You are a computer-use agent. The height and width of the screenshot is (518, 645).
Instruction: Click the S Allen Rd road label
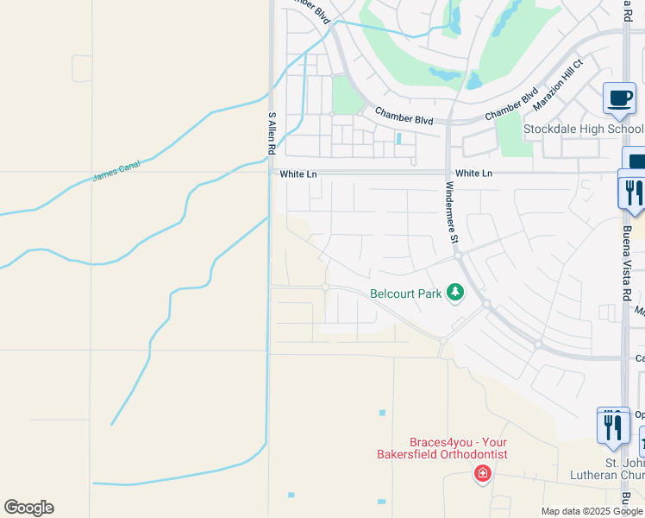click(x=272, y=133)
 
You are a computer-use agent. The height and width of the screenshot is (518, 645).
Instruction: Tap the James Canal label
click(x=116, y=170)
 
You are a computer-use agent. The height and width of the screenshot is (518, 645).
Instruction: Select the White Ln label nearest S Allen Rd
click(x=298, y=174)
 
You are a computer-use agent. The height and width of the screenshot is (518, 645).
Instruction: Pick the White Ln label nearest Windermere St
click(x=473, y=174)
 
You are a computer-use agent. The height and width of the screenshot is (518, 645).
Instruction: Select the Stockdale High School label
click(x=583, y=129)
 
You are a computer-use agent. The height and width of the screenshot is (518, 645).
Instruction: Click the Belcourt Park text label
click(x=406, y=294)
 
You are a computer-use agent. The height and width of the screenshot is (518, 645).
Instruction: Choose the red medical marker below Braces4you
click(x=483, y=473)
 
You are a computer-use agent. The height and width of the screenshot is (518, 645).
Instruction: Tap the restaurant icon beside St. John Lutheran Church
click(x=612, y=426)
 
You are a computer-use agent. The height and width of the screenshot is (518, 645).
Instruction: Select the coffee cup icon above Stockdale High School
click(x=618, y=98)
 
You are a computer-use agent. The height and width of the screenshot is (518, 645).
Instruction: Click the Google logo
click(x=28, y=508)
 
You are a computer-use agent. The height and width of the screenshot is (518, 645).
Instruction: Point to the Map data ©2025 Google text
click(x=591, y=511)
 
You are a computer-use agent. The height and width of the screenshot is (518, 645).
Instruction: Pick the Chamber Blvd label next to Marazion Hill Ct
click(x=511, y=104)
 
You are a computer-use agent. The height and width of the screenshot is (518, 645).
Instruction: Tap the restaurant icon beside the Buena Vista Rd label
click(x=634, y=193)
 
